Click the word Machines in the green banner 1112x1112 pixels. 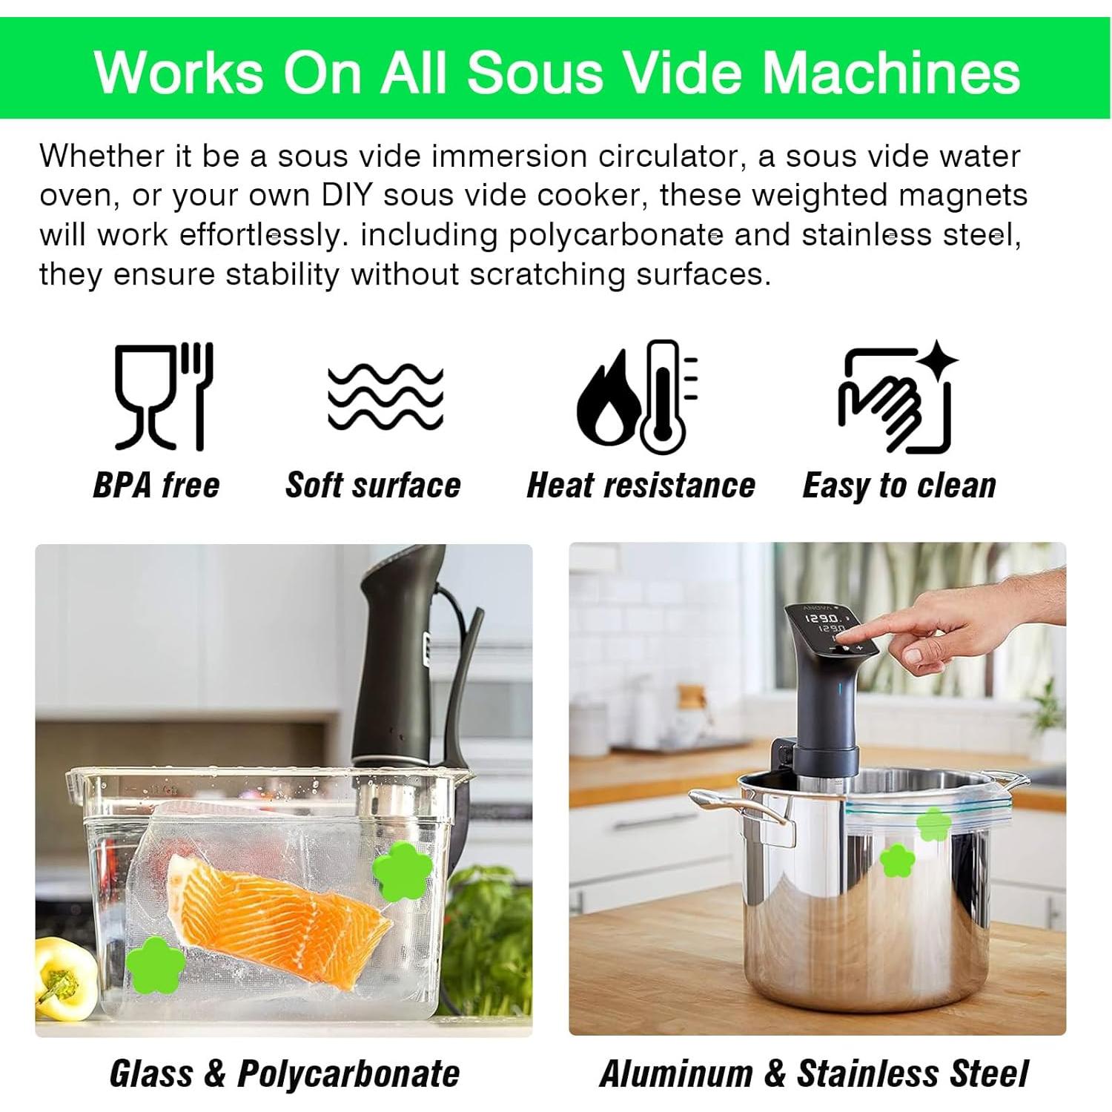pos(891,73)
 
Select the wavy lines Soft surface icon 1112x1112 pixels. pos(385,397)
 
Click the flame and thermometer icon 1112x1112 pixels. pos(638,397)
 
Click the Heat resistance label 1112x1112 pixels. pos(641,486)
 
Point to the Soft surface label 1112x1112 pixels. pos(373,486)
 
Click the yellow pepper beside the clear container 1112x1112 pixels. pos(64,977)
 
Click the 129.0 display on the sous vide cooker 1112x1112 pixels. pos(823,618)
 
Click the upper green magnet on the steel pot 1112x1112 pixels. pos(934,824)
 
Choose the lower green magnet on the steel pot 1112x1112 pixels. pos(897,860)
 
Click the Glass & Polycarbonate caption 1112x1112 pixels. pos(284,1073)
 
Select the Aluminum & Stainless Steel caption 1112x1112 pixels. pos(813,1073)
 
